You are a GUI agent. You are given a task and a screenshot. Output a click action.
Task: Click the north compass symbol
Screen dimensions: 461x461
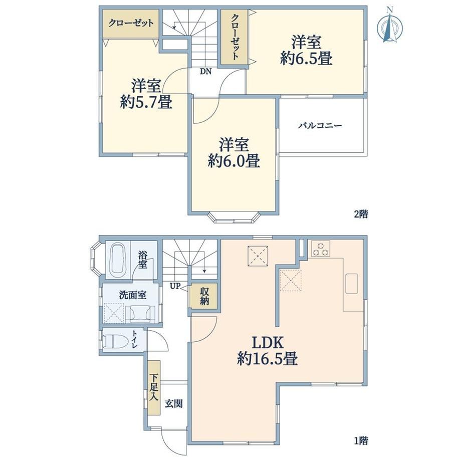tap(389, 26)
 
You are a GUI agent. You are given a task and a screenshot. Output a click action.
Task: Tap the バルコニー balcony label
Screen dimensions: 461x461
tap(320, 126)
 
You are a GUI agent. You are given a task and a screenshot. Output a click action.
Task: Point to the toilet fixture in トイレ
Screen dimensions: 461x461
tap(115, 341)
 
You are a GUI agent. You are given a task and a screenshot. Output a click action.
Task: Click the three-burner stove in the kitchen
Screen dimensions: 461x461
tap(321, 249)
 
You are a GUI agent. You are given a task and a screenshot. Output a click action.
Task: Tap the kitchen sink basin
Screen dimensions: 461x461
tap(352, 284)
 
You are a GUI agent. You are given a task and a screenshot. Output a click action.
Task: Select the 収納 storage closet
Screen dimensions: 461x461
tap(204, 296)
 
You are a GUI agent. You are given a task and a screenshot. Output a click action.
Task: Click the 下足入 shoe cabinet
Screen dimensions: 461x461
tap(154, 387)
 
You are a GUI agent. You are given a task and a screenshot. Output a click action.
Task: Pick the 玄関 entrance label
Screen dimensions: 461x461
tap(173, 403)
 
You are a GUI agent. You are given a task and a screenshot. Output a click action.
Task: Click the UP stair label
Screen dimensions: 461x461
tap(174, 286)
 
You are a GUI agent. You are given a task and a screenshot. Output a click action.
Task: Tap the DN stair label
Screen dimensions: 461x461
tap(206, 72)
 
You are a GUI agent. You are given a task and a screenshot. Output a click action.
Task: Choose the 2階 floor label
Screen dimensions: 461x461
tap(361, 214)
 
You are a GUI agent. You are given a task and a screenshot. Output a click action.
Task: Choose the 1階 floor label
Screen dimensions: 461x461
tap(361, 441)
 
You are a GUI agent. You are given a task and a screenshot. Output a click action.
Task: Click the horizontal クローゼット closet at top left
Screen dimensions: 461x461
tap(131, 24)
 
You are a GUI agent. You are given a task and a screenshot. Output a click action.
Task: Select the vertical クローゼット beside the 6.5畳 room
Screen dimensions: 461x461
tap(234, 37)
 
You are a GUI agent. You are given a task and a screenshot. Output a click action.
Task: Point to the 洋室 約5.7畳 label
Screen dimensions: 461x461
tap(146, 94)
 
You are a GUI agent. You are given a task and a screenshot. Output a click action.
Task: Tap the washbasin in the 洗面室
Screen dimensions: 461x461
tap(140, 314)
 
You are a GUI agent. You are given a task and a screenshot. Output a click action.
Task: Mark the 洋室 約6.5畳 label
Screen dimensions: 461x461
tap(306, 50)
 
